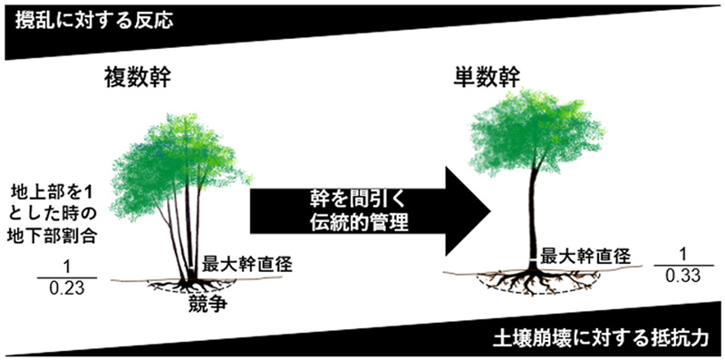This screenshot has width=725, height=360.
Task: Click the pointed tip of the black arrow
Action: [488, 209]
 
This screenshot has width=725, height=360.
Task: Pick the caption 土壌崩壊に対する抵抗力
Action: [621, 337]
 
